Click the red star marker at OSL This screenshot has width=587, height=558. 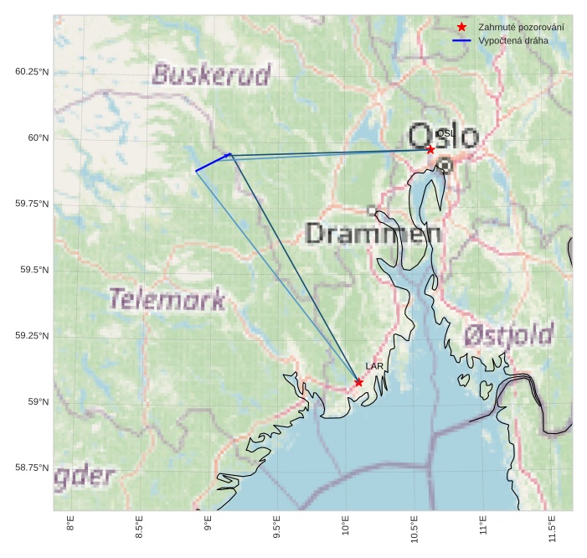[x=430, y=149]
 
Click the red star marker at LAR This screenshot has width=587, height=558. [x=358, y=382]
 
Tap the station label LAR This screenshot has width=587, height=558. [x=374, y=367]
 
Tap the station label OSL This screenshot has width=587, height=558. [x=445, y=133]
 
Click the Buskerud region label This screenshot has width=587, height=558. [x=211, y=75]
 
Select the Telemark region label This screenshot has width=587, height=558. [x=167, y=299]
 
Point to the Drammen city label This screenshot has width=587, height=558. [x=373, y=233]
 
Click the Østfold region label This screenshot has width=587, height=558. [x=508, y=336]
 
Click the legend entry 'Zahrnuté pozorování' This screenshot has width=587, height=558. [x=520, y=28]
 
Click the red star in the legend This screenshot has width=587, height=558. [x=461, y=28]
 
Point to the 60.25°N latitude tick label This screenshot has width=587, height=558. [x=32, y=71]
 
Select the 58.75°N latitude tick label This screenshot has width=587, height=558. [x=32, y=468]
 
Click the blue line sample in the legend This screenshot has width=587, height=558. [x=461, y=40]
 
